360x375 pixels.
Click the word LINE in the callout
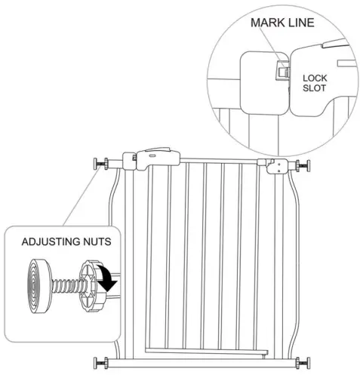tap(302, 23)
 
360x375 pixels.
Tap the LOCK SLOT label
tap(315, 83)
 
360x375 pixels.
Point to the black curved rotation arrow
tap(107, 278)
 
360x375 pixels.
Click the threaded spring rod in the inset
tap(69, 286)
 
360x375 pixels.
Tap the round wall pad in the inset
tap(39, 286)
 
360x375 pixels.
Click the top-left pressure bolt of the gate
tap(101, 164)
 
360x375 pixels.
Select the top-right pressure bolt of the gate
tap(303, 166)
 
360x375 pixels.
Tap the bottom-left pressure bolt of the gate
tap(101, 363)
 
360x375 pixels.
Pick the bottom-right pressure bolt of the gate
tap(303, 363)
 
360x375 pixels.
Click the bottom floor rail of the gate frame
tap(202, 363)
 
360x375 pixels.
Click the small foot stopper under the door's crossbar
tap(263, 356)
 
